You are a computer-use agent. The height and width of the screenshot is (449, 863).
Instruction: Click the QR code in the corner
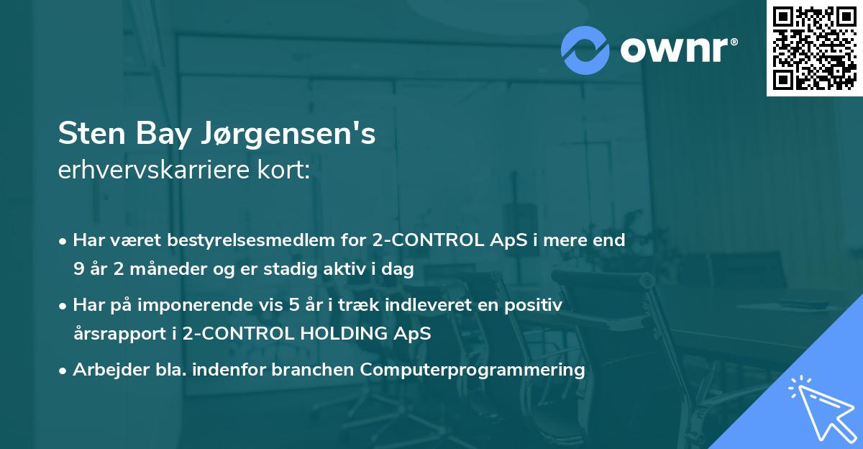pyautogui.click(x=814, y=48)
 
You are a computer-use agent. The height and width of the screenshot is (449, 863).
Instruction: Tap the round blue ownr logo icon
pyautogui.click(x=585, y=50)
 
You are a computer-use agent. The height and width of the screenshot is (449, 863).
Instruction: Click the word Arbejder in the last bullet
pyautogui.click(x=104, y=370)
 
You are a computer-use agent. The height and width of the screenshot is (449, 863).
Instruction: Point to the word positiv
pyautogui.click(x=536, y=305)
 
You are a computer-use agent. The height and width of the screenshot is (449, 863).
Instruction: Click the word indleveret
pyautogui.click(x=418, y=305)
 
